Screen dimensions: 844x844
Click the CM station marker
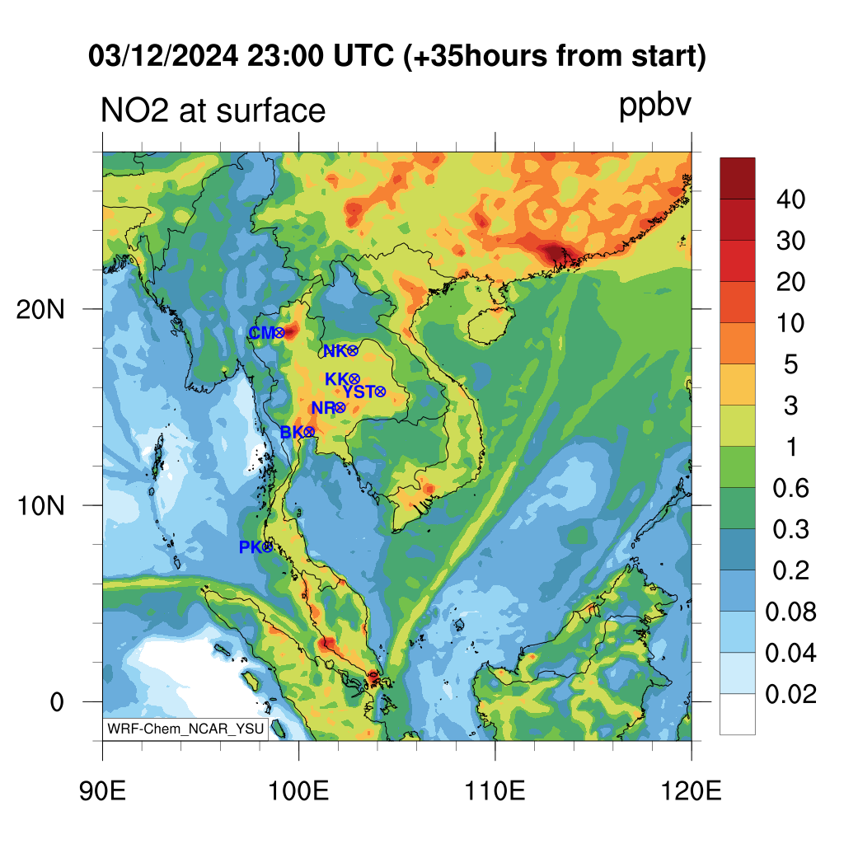tap(279, 333)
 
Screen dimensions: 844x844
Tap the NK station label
tap(335, 351)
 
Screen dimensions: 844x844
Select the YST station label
tap(358, 392)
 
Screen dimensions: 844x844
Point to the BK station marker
tap(309, 432)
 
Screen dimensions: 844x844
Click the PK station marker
tap(268, 547)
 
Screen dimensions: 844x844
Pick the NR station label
tap(323, 408)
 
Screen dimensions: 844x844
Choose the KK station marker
tap(354, 379)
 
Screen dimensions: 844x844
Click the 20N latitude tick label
tap(40, 310)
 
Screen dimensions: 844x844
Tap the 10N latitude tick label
tap(40, 506)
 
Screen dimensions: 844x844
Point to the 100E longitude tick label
tap(298, 791)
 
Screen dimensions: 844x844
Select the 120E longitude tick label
tap(692, 791)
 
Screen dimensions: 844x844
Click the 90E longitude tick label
tap(102, 791)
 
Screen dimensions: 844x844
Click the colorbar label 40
tap(790, 199)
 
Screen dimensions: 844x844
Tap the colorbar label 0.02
tap(790, 694)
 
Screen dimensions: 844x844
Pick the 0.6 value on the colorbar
tap(790, 488)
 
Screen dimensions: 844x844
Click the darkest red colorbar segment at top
tap(738, 179)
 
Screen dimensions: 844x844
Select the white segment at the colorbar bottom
tap(738, 714)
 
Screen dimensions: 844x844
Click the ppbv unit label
tap(655, 105)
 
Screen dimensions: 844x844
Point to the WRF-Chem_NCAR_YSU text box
tap(185, 729)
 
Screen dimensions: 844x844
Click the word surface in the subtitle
tap(270, 111)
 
